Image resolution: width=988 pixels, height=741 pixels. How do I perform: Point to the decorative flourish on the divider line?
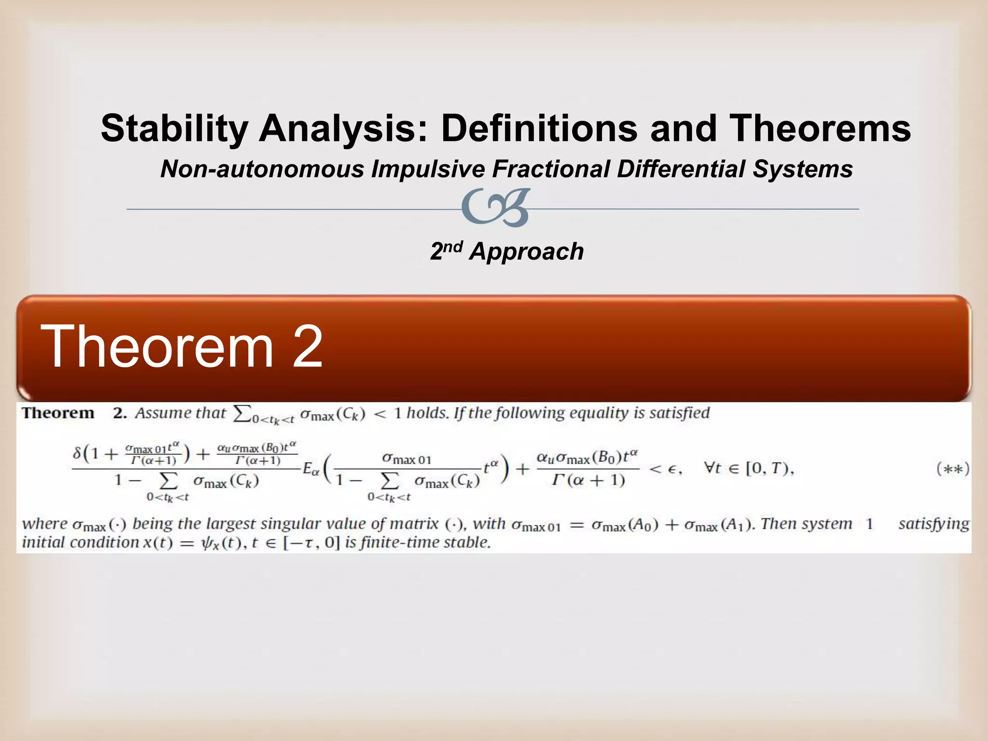pyautogui.click(x=495, y=208)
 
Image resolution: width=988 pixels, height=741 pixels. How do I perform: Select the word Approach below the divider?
pyautogui.click(x=526, y=252)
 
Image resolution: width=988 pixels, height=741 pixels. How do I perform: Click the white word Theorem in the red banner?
pyautogui.click(x=157, y=346)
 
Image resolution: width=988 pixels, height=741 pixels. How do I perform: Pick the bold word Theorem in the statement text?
pyautogui.click(x=58, y=413)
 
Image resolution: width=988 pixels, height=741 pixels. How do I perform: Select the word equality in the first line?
pyautogui.click(x=599, y=413)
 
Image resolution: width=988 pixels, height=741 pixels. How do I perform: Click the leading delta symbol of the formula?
pyautogui.click(x=77, y=453)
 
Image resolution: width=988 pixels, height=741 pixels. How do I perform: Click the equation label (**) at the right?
pyautogui.click(x=952, y=469)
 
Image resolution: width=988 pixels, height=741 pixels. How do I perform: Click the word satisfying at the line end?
pyautogui.click(x=933, y=523)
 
